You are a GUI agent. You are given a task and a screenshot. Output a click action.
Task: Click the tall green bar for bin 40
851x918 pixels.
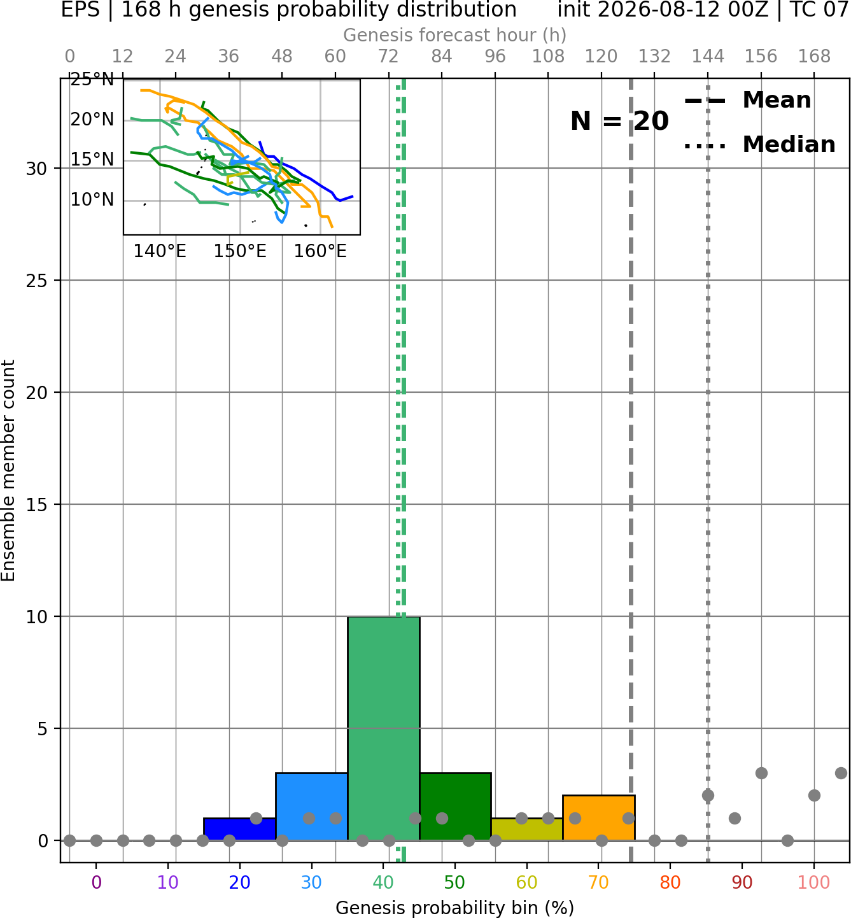[x=384, y=728]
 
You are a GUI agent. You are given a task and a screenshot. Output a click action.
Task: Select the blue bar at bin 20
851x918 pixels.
[x=240, y=830]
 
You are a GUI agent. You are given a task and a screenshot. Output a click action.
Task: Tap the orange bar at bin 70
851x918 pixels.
[x=599, y=817]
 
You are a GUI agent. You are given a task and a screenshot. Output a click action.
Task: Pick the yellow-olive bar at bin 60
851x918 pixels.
[x=527, y=830]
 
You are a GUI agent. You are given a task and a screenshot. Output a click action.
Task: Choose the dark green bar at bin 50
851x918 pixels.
[x=455, y=807]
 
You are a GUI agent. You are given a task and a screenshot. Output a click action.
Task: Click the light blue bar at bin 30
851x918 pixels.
[x=311, y=807]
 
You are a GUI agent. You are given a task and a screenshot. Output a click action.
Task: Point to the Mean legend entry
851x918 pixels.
[x=747, y=101]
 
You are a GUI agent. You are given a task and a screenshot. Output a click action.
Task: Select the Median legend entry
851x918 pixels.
[x=760, y=145]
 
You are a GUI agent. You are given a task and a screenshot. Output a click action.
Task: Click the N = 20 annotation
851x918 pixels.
[x=619, y=121]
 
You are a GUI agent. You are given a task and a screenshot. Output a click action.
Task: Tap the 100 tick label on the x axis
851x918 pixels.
[x=814, y=882]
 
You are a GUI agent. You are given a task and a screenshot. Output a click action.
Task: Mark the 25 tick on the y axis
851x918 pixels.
[x=37, y=281]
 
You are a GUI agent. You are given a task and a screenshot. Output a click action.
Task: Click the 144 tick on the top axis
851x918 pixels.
[x=708, y=57]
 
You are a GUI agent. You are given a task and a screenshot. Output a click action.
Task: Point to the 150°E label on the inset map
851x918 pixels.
[x=240, y=251]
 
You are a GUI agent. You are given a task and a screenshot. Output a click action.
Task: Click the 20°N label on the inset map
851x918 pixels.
[x=92, y=120]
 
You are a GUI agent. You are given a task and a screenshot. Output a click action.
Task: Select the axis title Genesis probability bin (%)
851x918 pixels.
[x=455, y=908]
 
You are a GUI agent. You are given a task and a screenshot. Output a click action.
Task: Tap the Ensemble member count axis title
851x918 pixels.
[x=8, y=471]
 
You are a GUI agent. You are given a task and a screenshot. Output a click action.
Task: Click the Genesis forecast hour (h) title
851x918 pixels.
[x=455, y=35]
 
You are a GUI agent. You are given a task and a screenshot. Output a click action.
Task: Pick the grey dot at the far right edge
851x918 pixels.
[x=841, y=773]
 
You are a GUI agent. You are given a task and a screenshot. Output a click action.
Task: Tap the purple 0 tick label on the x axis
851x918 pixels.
[x=96, y=882]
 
